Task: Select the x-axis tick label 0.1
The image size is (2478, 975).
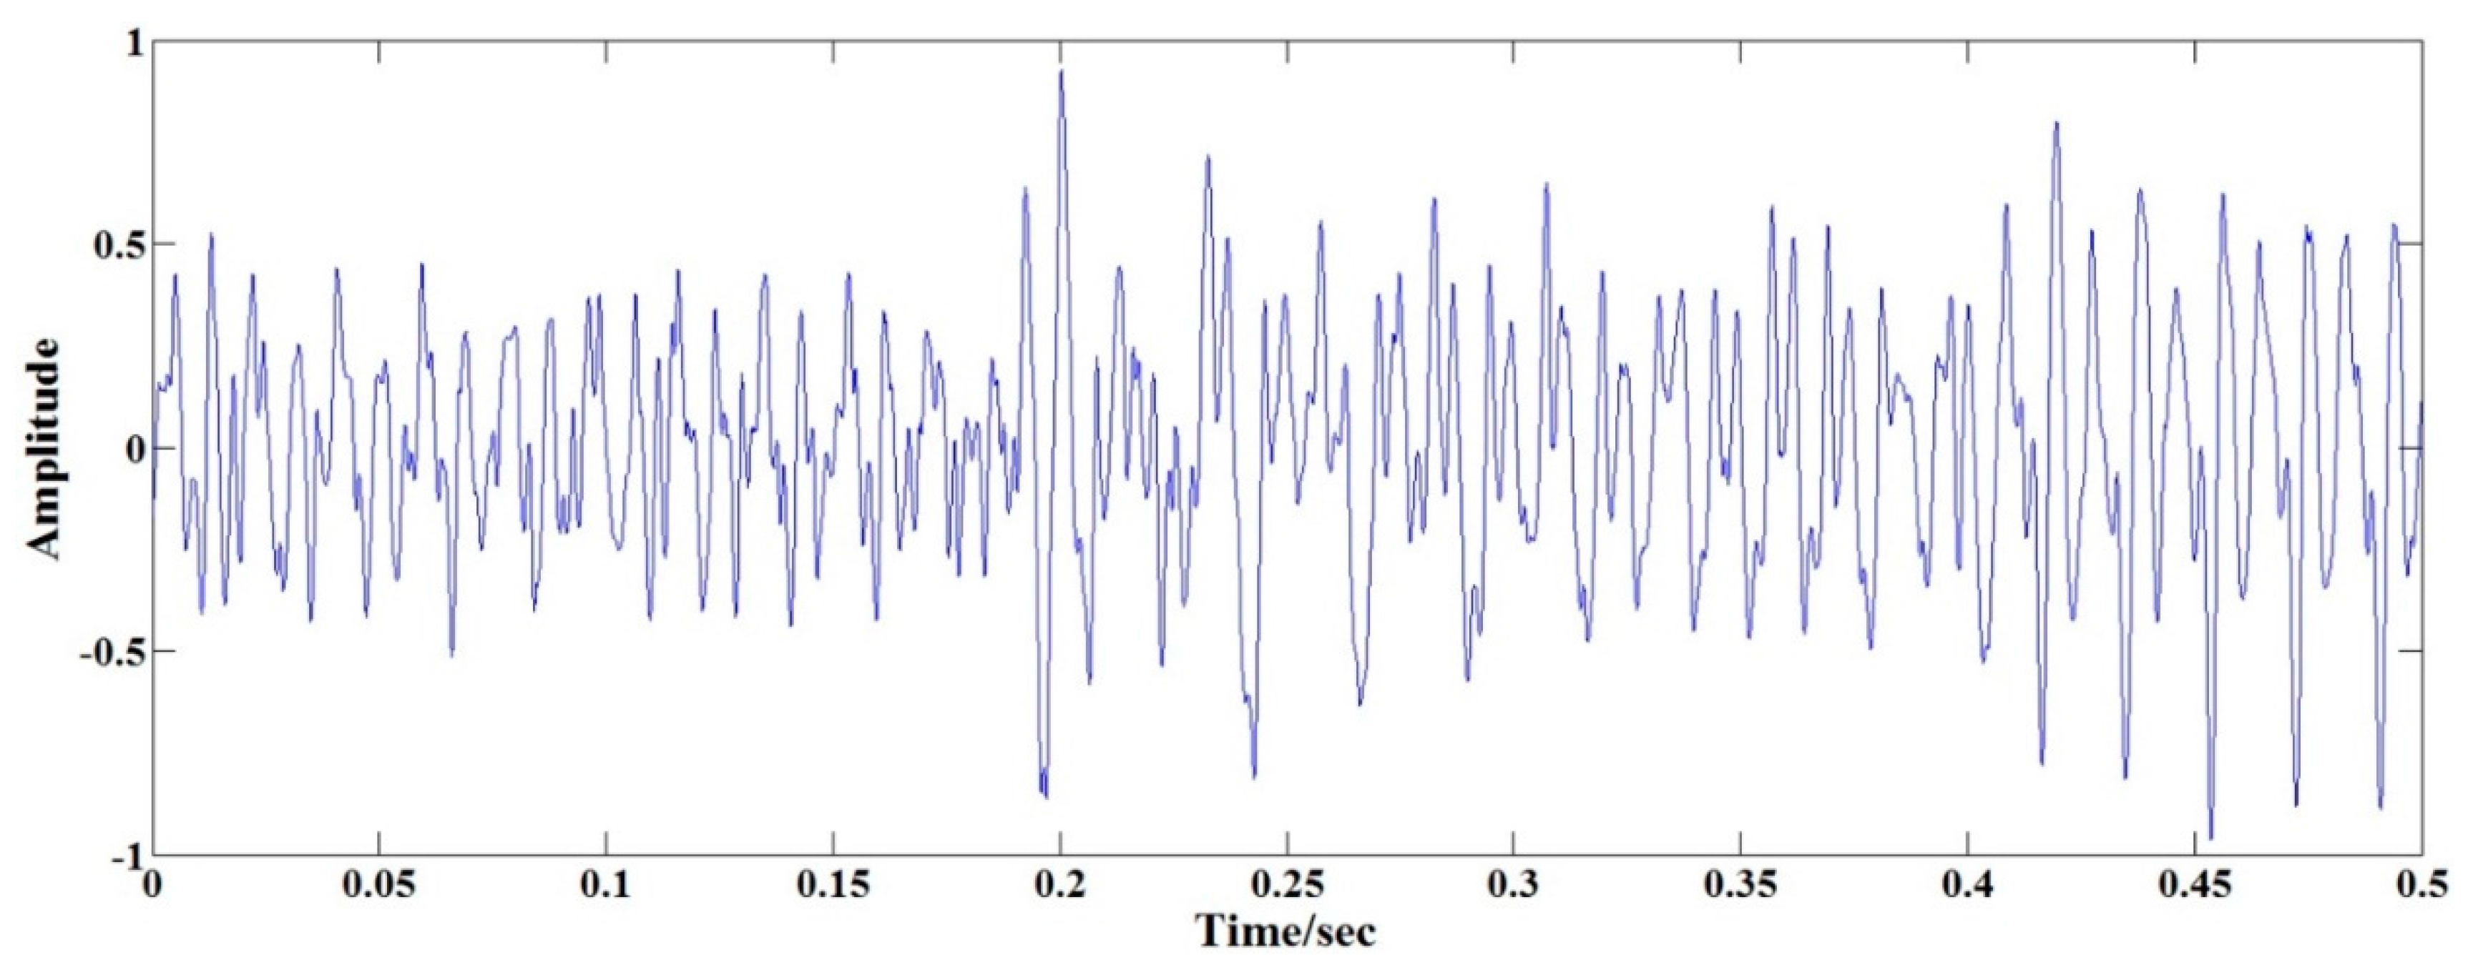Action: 605,886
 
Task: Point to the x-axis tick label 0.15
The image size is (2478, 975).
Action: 832,886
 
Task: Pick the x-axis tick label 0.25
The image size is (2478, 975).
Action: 1286,886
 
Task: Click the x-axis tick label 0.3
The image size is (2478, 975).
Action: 1513,886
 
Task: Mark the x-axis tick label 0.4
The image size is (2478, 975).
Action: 1967,886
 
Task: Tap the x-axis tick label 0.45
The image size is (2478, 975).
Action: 2194,886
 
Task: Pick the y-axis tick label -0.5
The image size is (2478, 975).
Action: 108,652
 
